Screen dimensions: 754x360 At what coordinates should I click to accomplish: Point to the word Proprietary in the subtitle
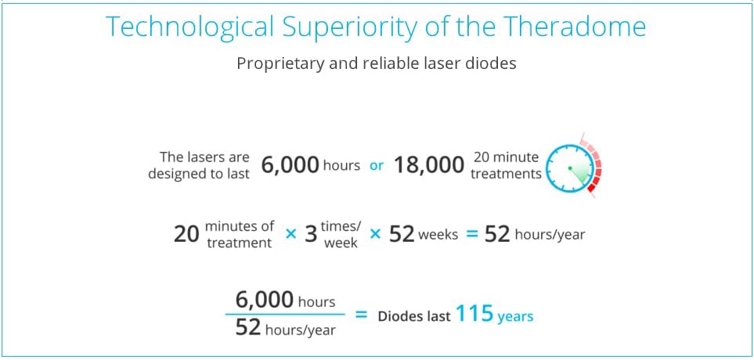point(273,64)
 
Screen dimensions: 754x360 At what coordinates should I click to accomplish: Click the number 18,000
point(429,166)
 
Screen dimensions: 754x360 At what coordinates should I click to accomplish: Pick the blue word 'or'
point(377,166)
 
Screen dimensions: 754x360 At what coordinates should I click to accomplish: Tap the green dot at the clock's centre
point(569,168)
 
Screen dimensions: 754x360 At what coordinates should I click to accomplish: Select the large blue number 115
point(474,315)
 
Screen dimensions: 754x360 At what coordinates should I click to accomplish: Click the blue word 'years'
point(515,317)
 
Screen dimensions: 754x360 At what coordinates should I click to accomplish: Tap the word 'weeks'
point(438,236)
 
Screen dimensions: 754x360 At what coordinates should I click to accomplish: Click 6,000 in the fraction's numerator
point(265,301)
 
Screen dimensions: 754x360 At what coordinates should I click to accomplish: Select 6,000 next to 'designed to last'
point(290,166)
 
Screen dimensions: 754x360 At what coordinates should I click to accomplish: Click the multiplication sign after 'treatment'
point(290,235)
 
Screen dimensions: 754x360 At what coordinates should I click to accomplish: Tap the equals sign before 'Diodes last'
point(361,315)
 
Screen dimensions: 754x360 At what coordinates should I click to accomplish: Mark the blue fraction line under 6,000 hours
point(285,315)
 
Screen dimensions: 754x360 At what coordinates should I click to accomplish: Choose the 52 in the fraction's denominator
point(248,329)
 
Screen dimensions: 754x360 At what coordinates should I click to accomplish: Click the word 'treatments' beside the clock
point(505,174)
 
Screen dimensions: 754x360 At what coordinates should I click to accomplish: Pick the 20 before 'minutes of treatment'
point(186,235)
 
